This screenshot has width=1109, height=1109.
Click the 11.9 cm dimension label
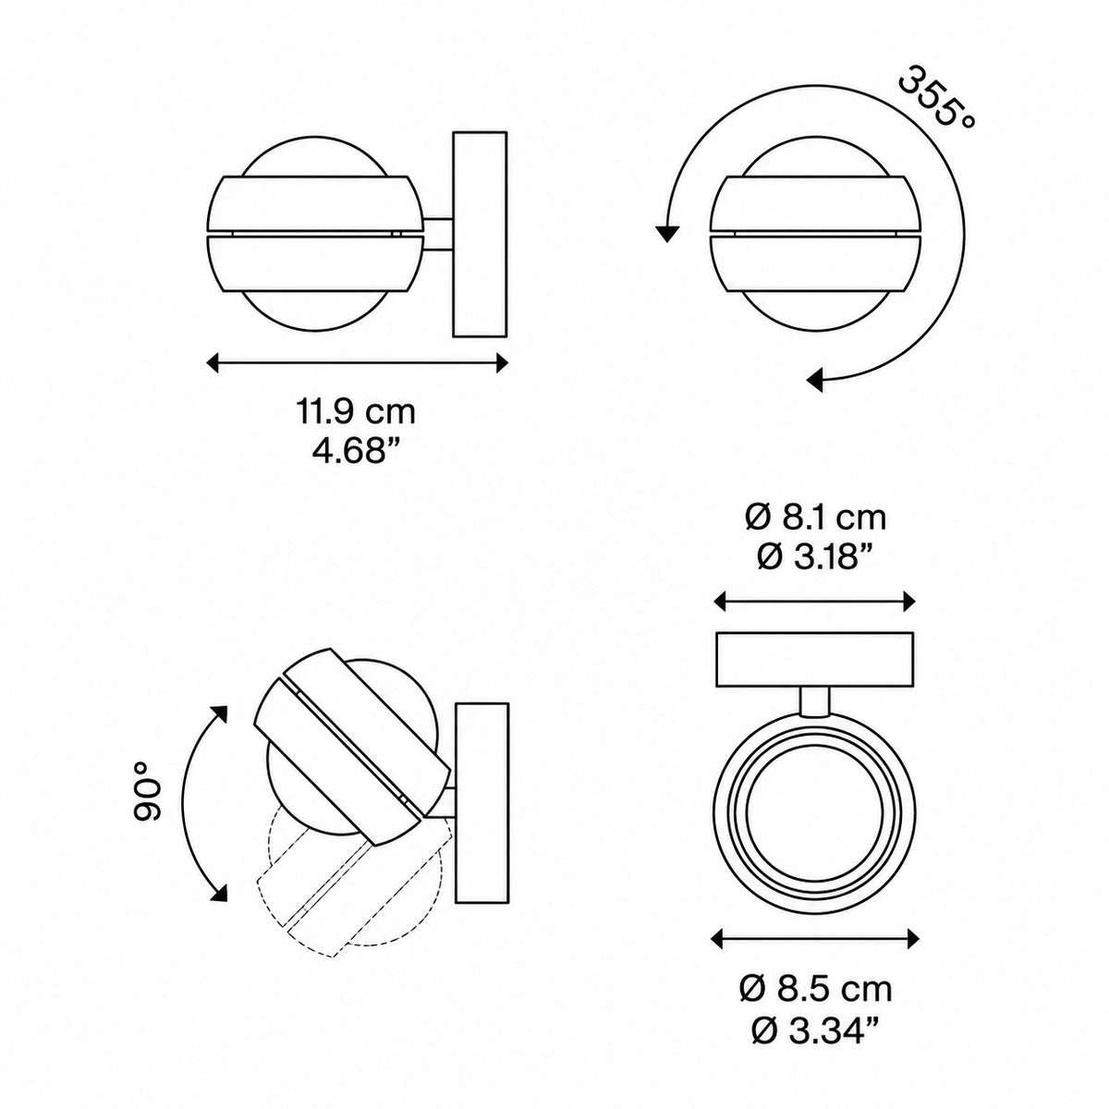click(x=356, y=412)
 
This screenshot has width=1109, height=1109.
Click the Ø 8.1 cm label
click(x=816, y=518)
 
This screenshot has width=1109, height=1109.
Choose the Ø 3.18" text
click(x=816, y=557)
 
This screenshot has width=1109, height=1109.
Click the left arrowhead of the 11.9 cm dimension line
click(x=213, y=363)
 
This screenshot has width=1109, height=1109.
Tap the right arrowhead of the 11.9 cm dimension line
click(x=502, y=363)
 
